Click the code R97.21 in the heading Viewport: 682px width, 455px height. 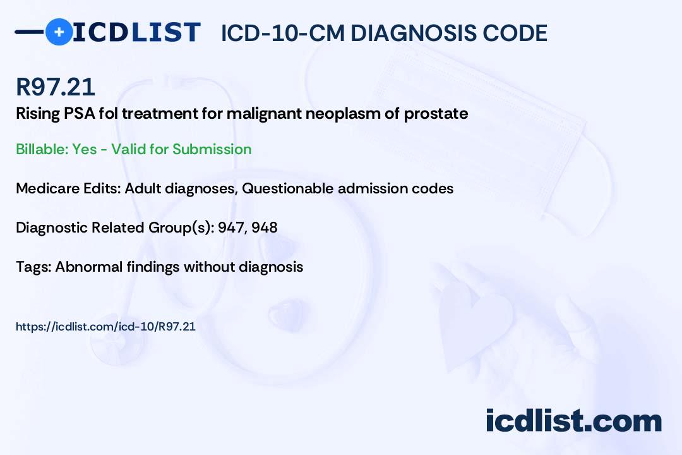point(56,87)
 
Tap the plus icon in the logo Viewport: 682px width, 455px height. point(59,32)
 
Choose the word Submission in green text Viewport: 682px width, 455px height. point(212,149)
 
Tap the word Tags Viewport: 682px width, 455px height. point(32,267)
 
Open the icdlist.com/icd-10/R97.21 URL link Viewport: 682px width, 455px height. point(105,327)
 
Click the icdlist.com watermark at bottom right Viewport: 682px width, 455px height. point(573,421)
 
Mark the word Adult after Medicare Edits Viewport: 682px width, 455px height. point(143,188)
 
